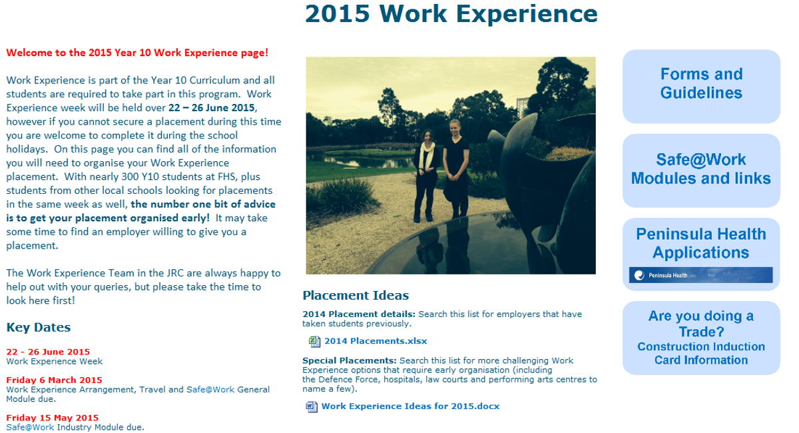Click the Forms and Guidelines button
pyautogui.click(x=701, y=87)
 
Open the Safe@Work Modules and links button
pyautogui.click(x=701, y=171)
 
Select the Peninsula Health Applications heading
pyautogui.click(x=701, y=243)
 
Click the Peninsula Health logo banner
pyautogui.click(x=701, y=275)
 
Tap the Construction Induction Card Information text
pyautogui.click(x=701, y=354)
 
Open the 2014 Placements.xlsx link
pyautogui.click(x=376, y=341)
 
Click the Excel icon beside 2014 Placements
pyautogui.click(x=314, y=341)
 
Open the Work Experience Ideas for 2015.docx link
pyautogui.click(x=410, y=406)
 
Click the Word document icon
pyautogui.click(x=312, y=406)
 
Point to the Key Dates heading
pyautogui.click(x=39, y=327)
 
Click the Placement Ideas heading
pyautogui.click(x=356, y=295)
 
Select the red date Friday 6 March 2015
pyautogui.click(x=54, y=380)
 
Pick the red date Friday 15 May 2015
pyautogui.click(x=53, y=418)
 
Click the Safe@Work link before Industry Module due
pyautogui.click(x=30, y=427)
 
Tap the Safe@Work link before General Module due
pyautogui.click(x=210, y=390)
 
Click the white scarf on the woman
pyautogui.click(x=425, y=155)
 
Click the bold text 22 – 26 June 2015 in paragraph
pyautogui.click(x=212, y=107)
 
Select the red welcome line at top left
pyautogui.click(x=137, y=53)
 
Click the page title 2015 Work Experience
pyautogui.click(x=451, y=13)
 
